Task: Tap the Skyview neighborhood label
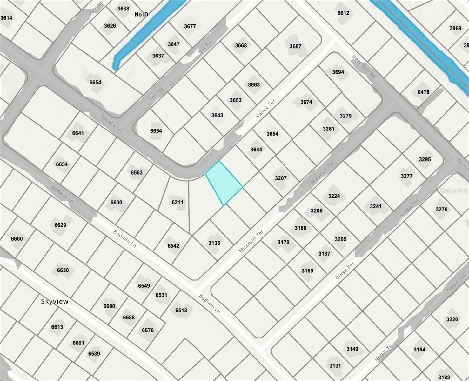[x=55, y=301]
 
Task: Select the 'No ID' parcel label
[x=141, y=14]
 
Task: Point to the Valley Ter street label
[x=265, y=109]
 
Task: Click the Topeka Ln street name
[x=111, y=123]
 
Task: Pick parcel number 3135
[x=214, y=243]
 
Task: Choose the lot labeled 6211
[x=178, y=202]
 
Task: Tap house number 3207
[x=281, y=178]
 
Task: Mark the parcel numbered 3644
[x=256, y=149]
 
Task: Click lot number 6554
[x=156, y=131]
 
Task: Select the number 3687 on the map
[x=295, y=46]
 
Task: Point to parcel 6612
[x=343, y=13]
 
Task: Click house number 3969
[x=455, y=28]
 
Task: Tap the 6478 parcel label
[x=423, y=92]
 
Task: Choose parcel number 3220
[x=452, y=319]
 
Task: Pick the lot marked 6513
[x=181, y=310]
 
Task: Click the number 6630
[x=63, y=270]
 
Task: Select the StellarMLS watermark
[x=454, y=191]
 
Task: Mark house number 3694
[x=338, y=72]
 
